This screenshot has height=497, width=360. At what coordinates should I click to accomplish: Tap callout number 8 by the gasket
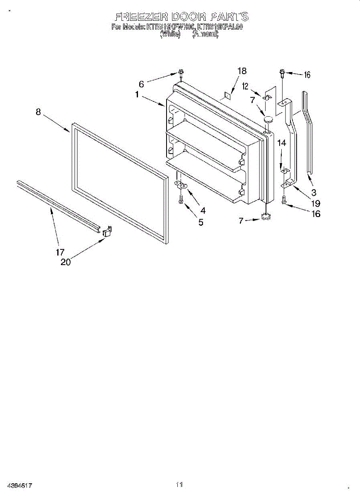38,112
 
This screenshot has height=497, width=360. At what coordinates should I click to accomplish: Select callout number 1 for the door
137,94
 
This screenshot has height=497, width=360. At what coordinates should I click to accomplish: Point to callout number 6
141,84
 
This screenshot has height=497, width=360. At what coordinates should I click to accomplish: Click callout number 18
242,71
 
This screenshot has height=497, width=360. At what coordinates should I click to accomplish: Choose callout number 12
245,86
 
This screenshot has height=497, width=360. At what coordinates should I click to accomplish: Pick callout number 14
282,143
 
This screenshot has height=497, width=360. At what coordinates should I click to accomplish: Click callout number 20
65,262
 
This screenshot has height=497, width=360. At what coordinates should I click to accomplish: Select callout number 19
316,203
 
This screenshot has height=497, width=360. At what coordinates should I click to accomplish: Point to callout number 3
314,192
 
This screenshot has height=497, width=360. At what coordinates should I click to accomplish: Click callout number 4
203,210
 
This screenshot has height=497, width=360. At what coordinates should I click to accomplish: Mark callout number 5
201,222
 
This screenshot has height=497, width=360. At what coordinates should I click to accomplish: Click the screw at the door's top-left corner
181,73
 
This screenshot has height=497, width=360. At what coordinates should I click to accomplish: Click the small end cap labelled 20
107,231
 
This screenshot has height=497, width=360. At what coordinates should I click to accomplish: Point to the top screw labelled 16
282,74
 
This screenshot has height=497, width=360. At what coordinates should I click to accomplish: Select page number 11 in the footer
179,484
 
